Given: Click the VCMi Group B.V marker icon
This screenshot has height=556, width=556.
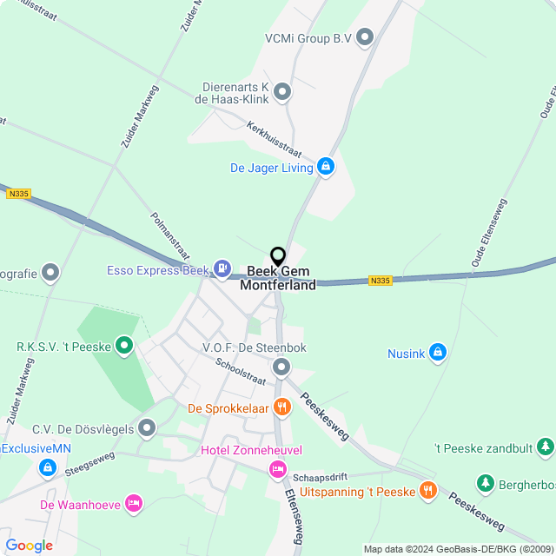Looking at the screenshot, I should pyautogui.click(x=365, y=36).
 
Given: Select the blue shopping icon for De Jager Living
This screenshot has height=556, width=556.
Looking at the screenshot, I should pyautogui.click(x=326, y=167).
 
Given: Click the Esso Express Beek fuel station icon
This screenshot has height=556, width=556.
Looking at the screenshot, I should pyautogui.click(x=223, y=269).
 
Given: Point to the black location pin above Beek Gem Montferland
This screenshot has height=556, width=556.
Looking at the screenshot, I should pyautogui.click(x=278, y=257).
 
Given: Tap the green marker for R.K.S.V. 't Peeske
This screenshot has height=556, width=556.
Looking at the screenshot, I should pyautogui.click(x=124, y=347).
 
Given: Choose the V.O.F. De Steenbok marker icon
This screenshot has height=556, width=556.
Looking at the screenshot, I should pyautogui.click(x=281, y=367).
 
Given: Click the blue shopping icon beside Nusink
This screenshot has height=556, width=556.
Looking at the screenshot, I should pyautogui.click(x=438, y=353).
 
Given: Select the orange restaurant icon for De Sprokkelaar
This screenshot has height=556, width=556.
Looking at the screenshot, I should pyautogui.click(x=281, y=407).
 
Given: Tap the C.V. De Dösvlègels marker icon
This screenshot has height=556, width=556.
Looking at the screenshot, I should pyautogui.click(x=147, y=427).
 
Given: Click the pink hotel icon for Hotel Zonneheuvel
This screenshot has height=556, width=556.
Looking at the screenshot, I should pyautogui.click(x=277, y=469).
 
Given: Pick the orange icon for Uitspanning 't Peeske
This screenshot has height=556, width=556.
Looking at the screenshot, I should pyautogui.click(x=427, y=491).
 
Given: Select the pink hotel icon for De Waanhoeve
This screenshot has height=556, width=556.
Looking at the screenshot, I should pyautogui.click(x=133, y=503).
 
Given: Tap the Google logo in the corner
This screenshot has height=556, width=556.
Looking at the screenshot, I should pyautogui.click(x=29, y=546).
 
